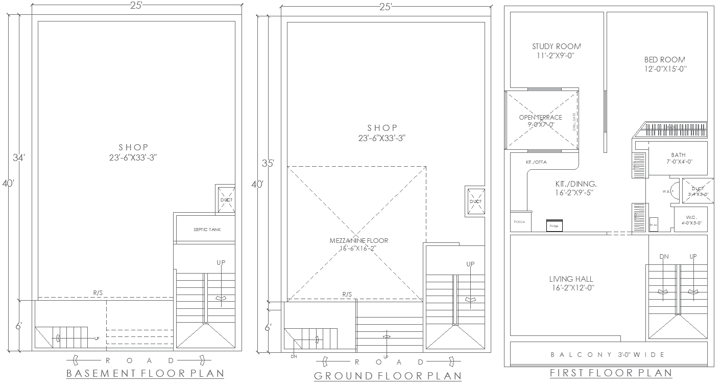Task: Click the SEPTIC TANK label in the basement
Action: (x=207, y=230)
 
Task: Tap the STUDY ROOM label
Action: (x=556, y=47)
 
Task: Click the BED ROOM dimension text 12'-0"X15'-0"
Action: (x=665, y=69)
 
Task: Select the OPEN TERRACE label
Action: (x=540, y=117)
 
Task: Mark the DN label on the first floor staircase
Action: (x=664, y=256)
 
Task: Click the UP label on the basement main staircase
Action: (x=221, y=262)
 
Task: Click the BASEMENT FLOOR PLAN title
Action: (x=145, y=373)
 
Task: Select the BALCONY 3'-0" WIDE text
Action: (x=608, y=354)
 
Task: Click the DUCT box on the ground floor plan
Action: (x=475, y=201)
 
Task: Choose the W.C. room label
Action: (x=691, y=216)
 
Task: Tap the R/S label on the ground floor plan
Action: (x=347, y=294)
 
